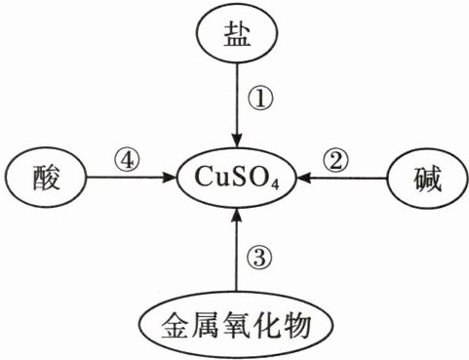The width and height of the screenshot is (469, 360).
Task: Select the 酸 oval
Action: [x=46, y=178]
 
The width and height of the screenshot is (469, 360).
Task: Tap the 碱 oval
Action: [x=427, y=179]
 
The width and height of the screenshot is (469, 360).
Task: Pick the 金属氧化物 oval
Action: [x=236, y=325]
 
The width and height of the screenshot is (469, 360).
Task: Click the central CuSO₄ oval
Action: [x=237, y=178]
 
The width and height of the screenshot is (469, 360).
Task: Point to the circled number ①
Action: [x=260, y=100]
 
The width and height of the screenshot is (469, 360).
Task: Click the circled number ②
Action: [x=335, y=160]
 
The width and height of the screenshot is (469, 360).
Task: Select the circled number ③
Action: [x=260, y=258]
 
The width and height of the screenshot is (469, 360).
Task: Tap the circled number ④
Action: [x=127, y=160]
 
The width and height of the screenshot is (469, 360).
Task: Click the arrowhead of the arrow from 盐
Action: [x=237, y=140]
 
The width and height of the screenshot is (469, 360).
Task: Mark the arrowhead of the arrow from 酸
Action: [x=169, y=178]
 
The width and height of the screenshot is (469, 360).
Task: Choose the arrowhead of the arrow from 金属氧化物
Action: [x=237, y=216]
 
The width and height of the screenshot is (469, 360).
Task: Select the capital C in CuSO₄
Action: [x=204, y=177]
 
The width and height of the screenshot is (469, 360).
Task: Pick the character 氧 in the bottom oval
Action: [x=236, y=325]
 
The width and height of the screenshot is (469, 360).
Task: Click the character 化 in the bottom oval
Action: [x=266, y=325]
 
